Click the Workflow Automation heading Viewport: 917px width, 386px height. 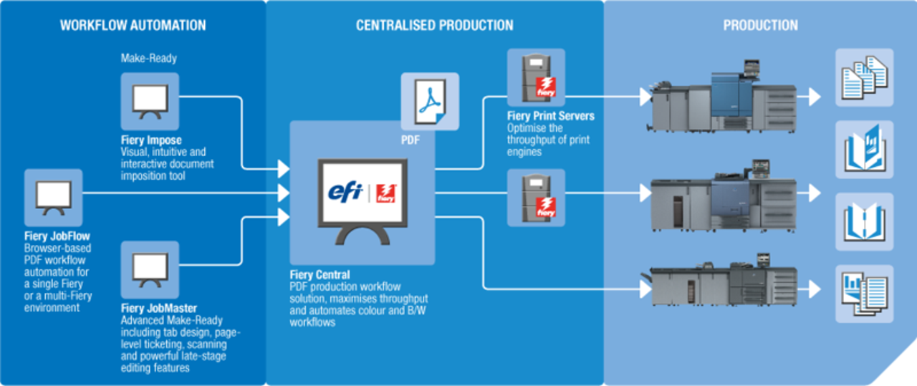[x=133, y=26]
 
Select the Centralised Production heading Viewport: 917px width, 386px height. [x=434, y=26]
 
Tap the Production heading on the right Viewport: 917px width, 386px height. [x=760, y=26]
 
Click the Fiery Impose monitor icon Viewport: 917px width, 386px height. [x=150, y=102]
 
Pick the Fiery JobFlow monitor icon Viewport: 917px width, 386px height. [x=53, y=197]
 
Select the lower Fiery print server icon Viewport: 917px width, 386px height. [x=537, y=194]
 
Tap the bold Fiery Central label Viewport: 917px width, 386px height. [x=320, y=274]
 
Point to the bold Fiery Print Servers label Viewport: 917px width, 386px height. [x=549, y=116]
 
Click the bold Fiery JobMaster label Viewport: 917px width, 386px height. [x=159, y=309]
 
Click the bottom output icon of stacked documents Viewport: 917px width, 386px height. [x=864, y=293]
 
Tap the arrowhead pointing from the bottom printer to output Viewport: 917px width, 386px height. [x=815, y=289]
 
